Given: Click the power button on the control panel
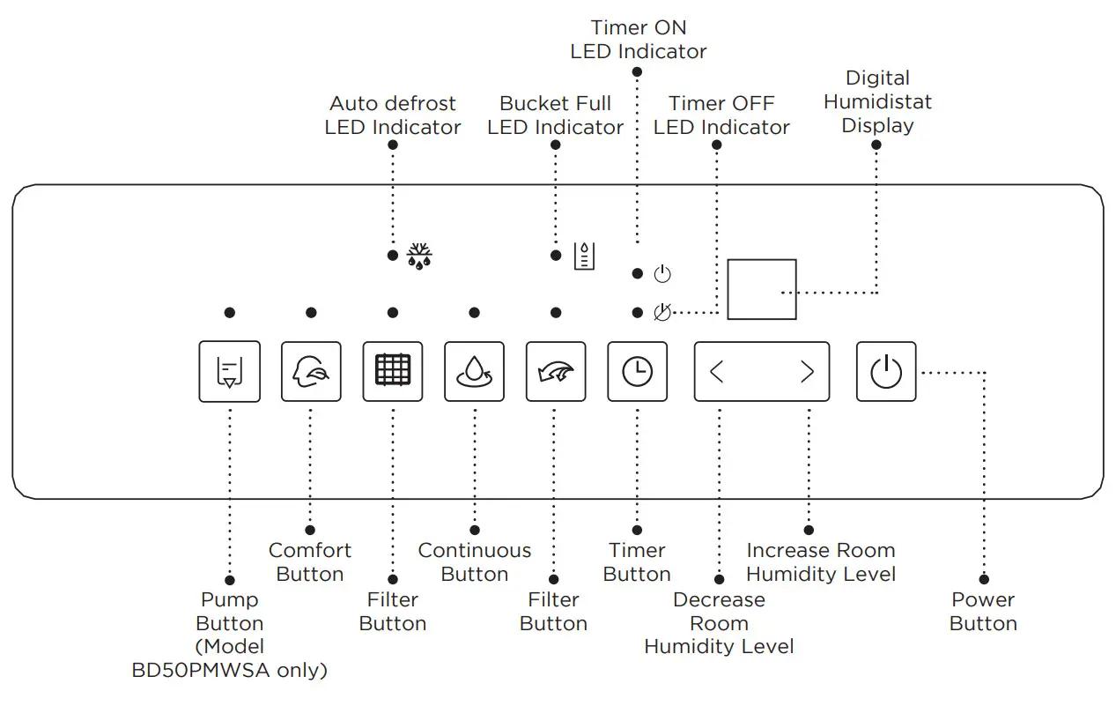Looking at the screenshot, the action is (886, 371).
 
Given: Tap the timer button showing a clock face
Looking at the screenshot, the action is (637, 371).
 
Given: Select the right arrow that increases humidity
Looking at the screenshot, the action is (807, 371).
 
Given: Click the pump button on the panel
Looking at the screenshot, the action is (229, 371).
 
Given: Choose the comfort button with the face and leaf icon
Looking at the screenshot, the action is (311, 371).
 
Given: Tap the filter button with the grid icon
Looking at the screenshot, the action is (393, 371).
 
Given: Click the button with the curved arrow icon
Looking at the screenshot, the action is (556, 371).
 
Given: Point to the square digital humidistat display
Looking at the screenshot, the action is (762, 289).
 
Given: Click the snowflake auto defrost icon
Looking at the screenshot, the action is (419, 256).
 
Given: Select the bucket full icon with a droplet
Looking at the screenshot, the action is (584, 256).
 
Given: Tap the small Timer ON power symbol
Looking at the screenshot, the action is (662, 274).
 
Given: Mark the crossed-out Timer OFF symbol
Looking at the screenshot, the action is (662, 313).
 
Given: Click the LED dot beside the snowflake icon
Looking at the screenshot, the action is (393, 256).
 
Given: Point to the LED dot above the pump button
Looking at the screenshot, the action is (229, 313).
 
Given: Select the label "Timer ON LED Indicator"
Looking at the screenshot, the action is (639, 40).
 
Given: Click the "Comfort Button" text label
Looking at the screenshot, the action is (310, 562).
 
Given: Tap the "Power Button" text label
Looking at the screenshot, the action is (983, 612).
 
